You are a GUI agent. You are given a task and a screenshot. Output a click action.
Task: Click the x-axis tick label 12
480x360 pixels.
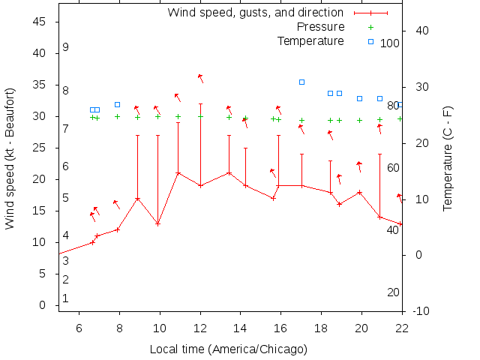200,328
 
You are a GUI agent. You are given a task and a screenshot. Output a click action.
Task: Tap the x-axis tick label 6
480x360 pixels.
79,328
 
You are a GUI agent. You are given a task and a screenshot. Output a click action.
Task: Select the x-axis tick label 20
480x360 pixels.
362,328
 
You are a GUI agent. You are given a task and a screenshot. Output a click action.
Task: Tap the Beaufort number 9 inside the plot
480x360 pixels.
66,47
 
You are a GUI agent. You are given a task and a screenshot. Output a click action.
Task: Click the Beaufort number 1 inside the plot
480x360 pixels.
66,298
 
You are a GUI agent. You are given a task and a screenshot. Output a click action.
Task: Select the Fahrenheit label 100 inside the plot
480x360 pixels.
390,43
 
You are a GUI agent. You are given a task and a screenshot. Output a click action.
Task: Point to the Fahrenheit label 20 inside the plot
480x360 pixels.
393,292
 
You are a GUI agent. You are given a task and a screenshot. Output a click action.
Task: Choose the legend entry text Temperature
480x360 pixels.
310,41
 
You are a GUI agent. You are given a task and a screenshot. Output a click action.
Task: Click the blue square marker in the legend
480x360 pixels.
370,41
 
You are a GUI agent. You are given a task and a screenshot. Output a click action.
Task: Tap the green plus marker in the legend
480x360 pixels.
370,27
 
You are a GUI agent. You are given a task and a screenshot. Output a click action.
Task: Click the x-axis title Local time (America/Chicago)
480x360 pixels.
229,349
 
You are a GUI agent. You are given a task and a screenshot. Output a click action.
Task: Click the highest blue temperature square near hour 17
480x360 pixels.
301,82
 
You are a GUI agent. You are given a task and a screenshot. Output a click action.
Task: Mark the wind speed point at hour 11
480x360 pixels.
178,173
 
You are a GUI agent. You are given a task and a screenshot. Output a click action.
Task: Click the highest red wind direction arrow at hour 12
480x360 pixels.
200,77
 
